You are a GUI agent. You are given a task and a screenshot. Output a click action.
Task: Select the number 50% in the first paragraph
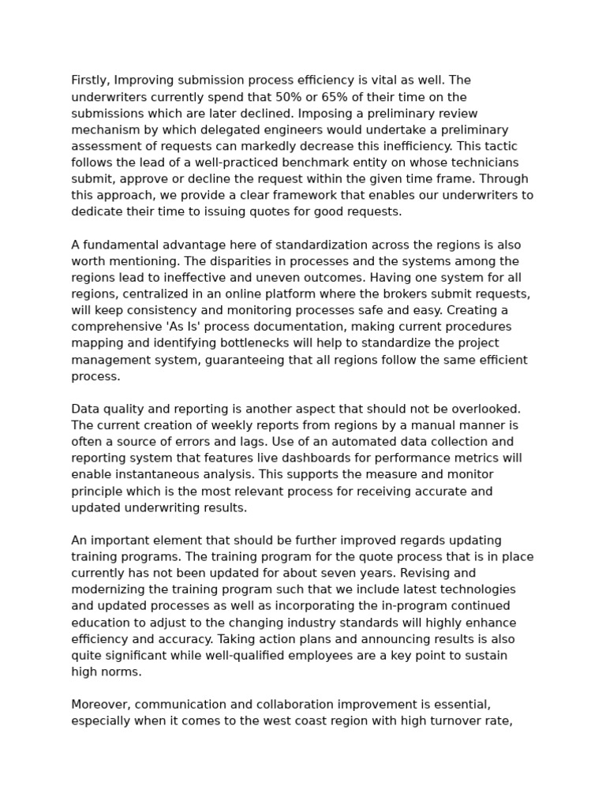(288, 97)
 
